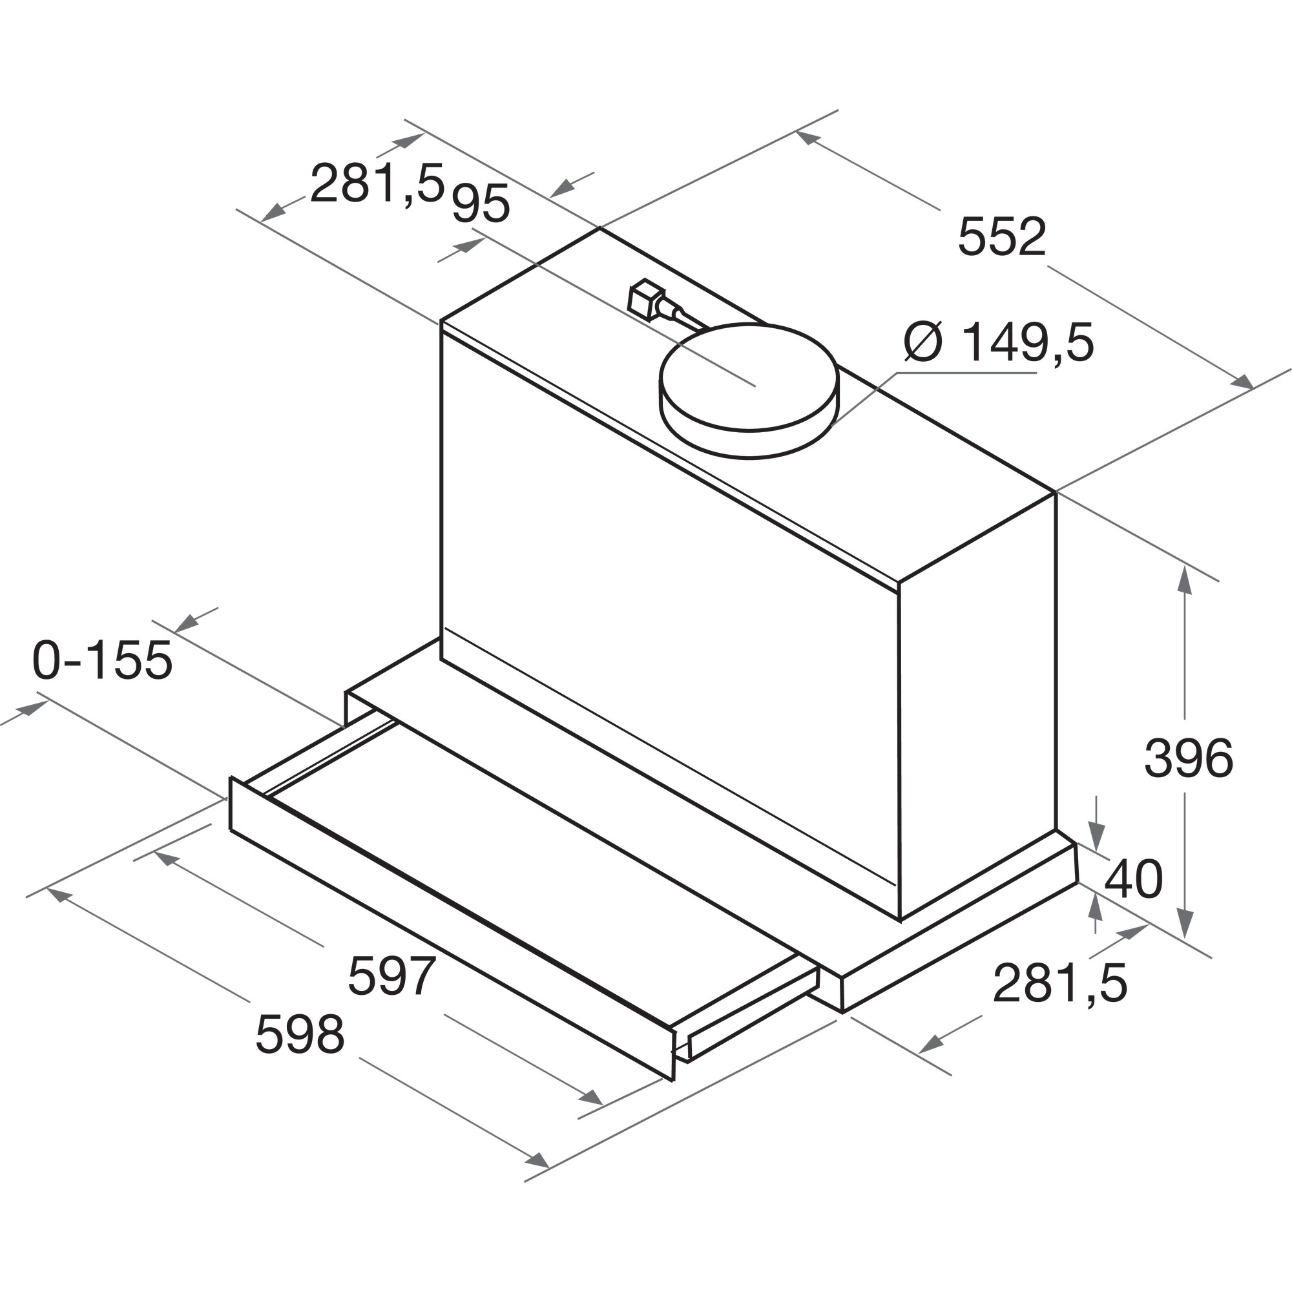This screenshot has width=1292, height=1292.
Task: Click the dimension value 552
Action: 1001,236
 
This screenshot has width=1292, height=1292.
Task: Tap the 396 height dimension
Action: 1189,758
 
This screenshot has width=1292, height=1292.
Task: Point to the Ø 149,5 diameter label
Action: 999,342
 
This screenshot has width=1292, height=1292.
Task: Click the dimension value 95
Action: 481,203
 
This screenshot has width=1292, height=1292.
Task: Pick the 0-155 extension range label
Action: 102,660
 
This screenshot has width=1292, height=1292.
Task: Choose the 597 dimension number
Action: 392,975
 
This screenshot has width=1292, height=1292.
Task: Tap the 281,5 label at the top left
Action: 377,183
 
